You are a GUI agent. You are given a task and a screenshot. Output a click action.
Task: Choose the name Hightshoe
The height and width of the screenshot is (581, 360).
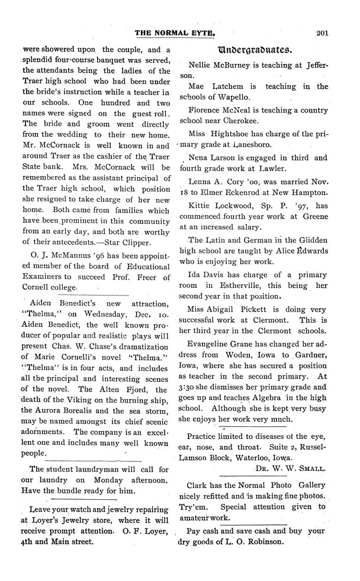(243, 133)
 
